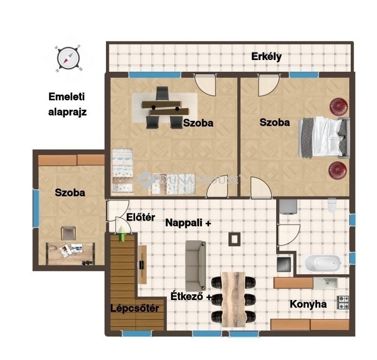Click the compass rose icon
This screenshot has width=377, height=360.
pos(68,59)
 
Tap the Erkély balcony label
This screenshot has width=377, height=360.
pos(266,57)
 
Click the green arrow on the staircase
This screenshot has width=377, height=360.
pos(121,233)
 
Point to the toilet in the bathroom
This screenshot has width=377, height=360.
pos(332,205)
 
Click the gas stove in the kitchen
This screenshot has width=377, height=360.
pos(342,302)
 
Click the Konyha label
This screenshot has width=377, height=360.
pos(308,304)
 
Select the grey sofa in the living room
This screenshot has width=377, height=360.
pos(196,266)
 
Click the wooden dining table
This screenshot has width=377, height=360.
pos(233,300)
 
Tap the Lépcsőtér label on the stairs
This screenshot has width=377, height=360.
pos(135,308)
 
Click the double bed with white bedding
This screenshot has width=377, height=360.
pos(324,137)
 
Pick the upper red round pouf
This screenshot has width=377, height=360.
pos(339,106)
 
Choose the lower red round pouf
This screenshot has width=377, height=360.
pos(338,170)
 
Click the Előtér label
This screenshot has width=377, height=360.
pos(141,217)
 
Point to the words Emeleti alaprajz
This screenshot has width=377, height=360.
pos(67,105)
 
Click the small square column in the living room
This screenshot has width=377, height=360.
pos(234,239)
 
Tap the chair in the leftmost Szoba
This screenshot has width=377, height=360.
pos(68,233)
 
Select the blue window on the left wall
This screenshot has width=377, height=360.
pos(36,208)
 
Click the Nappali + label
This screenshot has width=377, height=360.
pos(188,223)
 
